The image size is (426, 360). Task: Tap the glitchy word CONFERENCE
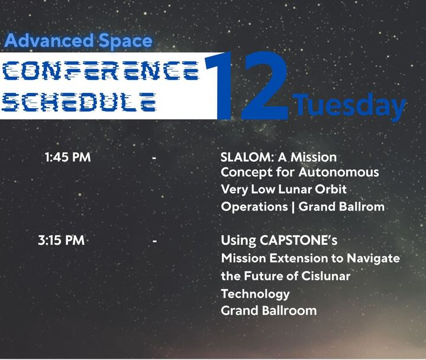pos(99,72)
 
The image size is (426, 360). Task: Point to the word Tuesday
pos(350,105)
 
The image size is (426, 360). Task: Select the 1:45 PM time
pos(67,158)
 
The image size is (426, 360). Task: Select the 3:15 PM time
pos(61,241)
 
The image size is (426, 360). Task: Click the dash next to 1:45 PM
pos(154,158)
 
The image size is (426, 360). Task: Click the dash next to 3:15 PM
pos(154,241)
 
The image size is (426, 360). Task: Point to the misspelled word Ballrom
pos(363,207)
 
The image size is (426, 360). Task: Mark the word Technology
pos(255,294)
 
